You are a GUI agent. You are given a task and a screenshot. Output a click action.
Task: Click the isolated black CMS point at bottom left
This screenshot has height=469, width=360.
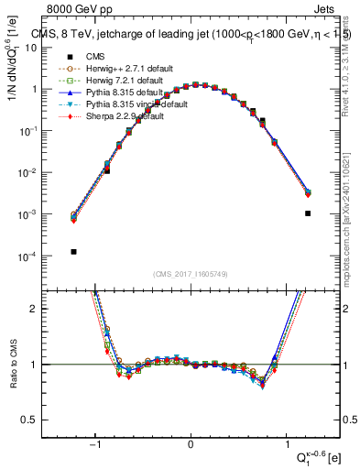pos(73,251)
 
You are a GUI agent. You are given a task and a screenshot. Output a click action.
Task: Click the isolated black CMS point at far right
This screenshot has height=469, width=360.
pos(308,213)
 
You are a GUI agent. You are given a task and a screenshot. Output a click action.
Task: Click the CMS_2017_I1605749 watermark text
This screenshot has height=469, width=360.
pos(190,275)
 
